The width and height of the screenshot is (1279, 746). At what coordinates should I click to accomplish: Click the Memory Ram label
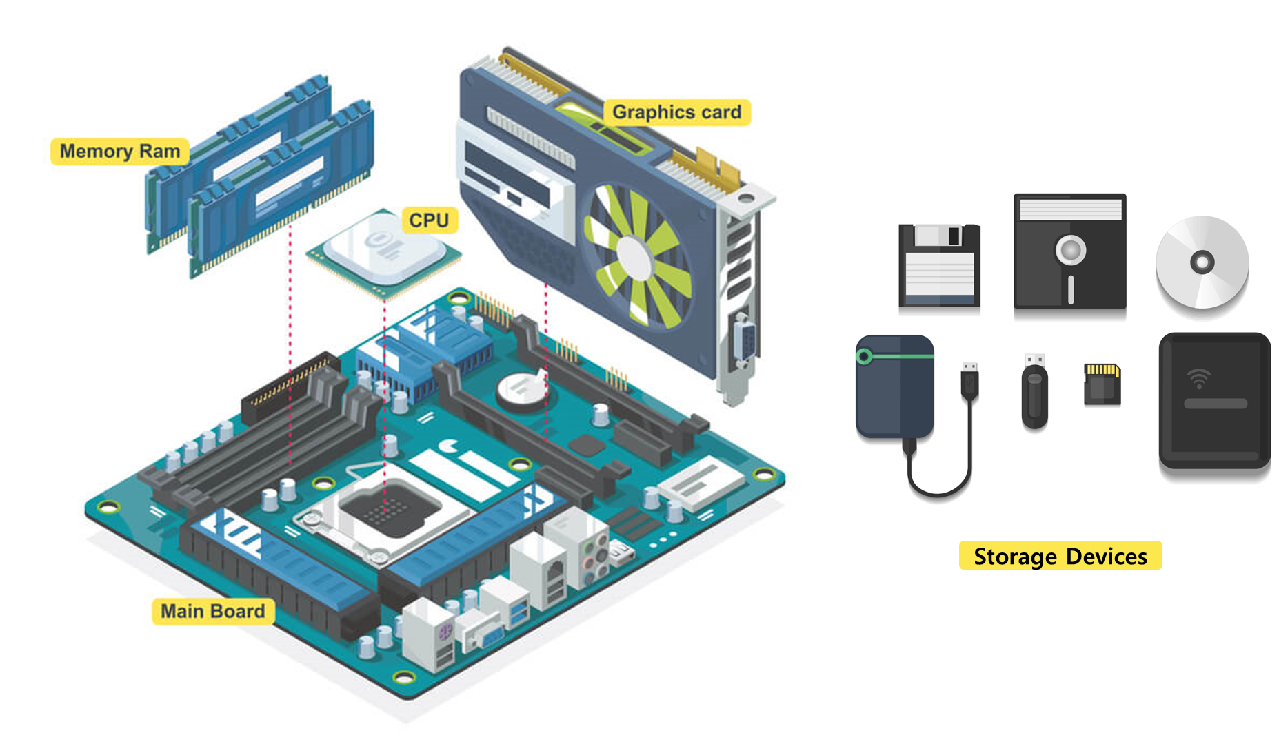[x=119, y=151]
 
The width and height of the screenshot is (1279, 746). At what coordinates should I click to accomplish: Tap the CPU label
[x=429, y=220]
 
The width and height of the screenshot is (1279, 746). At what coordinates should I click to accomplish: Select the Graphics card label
[x=676, y=112]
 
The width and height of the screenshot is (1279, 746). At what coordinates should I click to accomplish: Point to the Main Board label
[x=212, y=611]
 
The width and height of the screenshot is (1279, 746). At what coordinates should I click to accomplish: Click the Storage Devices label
[x=1060, y=556]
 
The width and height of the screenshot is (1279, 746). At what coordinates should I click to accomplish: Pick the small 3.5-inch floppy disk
[x=939, y=265]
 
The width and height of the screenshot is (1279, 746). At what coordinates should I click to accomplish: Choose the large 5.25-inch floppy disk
[x=1069, y=251]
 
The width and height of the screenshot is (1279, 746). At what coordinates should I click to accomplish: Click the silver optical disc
[x=1202, y=262]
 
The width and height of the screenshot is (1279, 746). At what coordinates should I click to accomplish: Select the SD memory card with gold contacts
[x=1102, y=384]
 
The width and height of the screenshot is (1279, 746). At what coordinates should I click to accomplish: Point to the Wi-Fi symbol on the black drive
[x=1199, y=378]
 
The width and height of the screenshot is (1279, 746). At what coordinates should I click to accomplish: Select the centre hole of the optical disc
[x=1202, y=262]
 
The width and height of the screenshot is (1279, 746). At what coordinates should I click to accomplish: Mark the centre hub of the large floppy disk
[x=1070, y=249]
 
